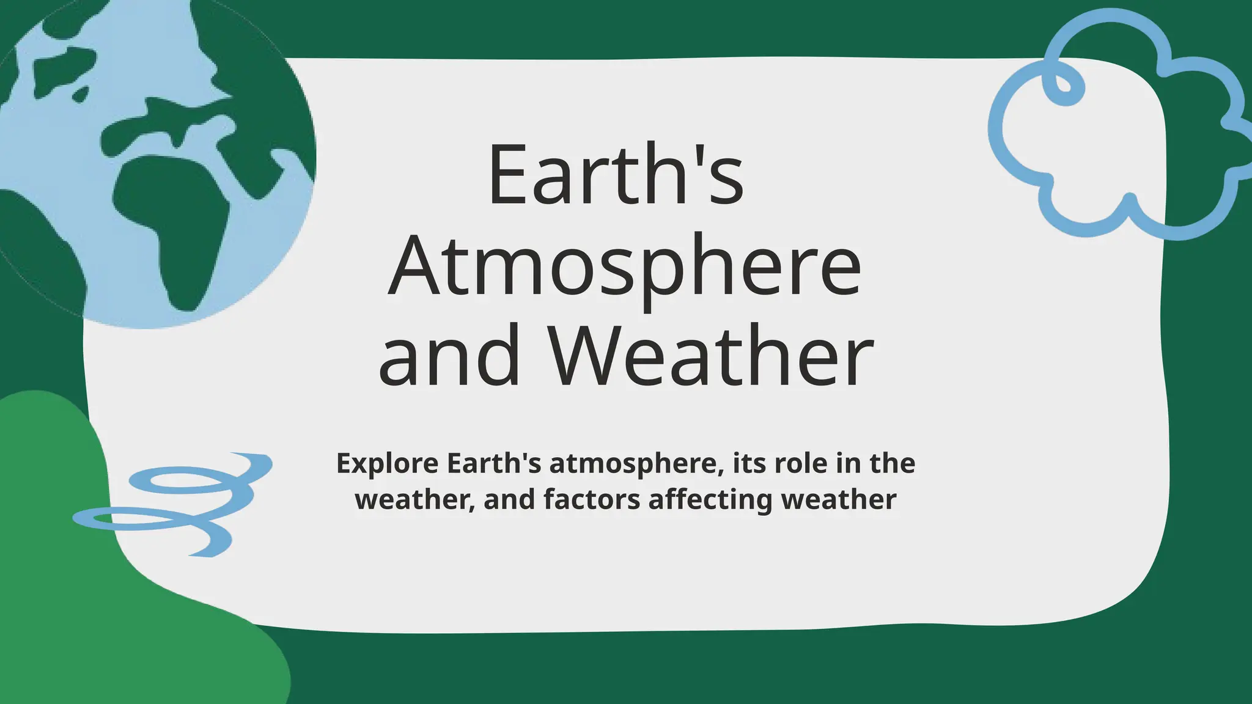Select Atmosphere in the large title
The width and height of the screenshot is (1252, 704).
pos(625,268)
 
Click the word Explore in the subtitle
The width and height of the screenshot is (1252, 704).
pos(387,464)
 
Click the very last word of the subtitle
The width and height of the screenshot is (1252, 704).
pos(839,499)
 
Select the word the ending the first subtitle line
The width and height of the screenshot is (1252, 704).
pos(893,463)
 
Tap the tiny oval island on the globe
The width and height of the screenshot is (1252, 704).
pos(80,94)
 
